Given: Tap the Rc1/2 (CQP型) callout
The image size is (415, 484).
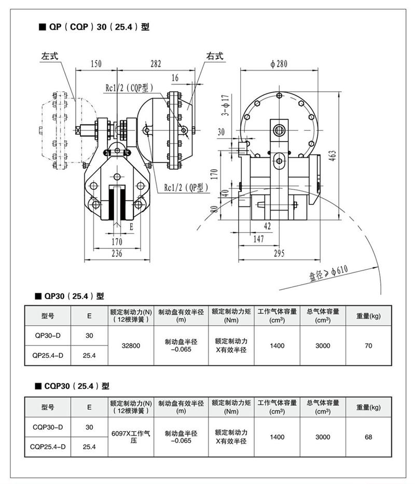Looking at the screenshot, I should (x=127, y=88).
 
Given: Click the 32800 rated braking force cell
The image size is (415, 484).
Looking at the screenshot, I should (x=131, y=345).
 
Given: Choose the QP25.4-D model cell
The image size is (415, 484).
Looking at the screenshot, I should (x=48, y=355).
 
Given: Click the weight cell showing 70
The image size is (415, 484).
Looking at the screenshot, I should (x=368, y=345).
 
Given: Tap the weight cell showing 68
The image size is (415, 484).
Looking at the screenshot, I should (x=368, y=437).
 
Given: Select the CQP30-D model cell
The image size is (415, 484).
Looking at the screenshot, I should (x=48, y=427).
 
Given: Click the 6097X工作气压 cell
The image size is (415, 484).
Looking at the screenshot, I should (x=131, y=436).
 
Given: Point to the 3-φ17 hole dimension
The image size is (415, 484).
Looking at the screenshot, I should (x=225, y=105).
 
